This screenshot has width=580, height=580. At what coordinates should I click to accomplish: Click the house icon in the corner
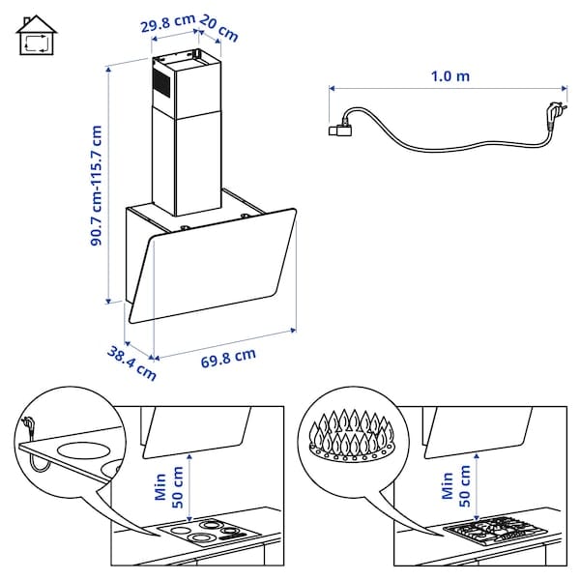click(x=35, y=38)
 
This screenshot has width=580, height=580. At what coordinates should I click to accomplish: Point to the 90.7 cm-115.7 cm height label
click(x=97, y=184)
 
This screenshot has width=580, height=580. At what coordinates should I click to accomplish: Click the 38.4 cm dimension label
click(x=131, y=361)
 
